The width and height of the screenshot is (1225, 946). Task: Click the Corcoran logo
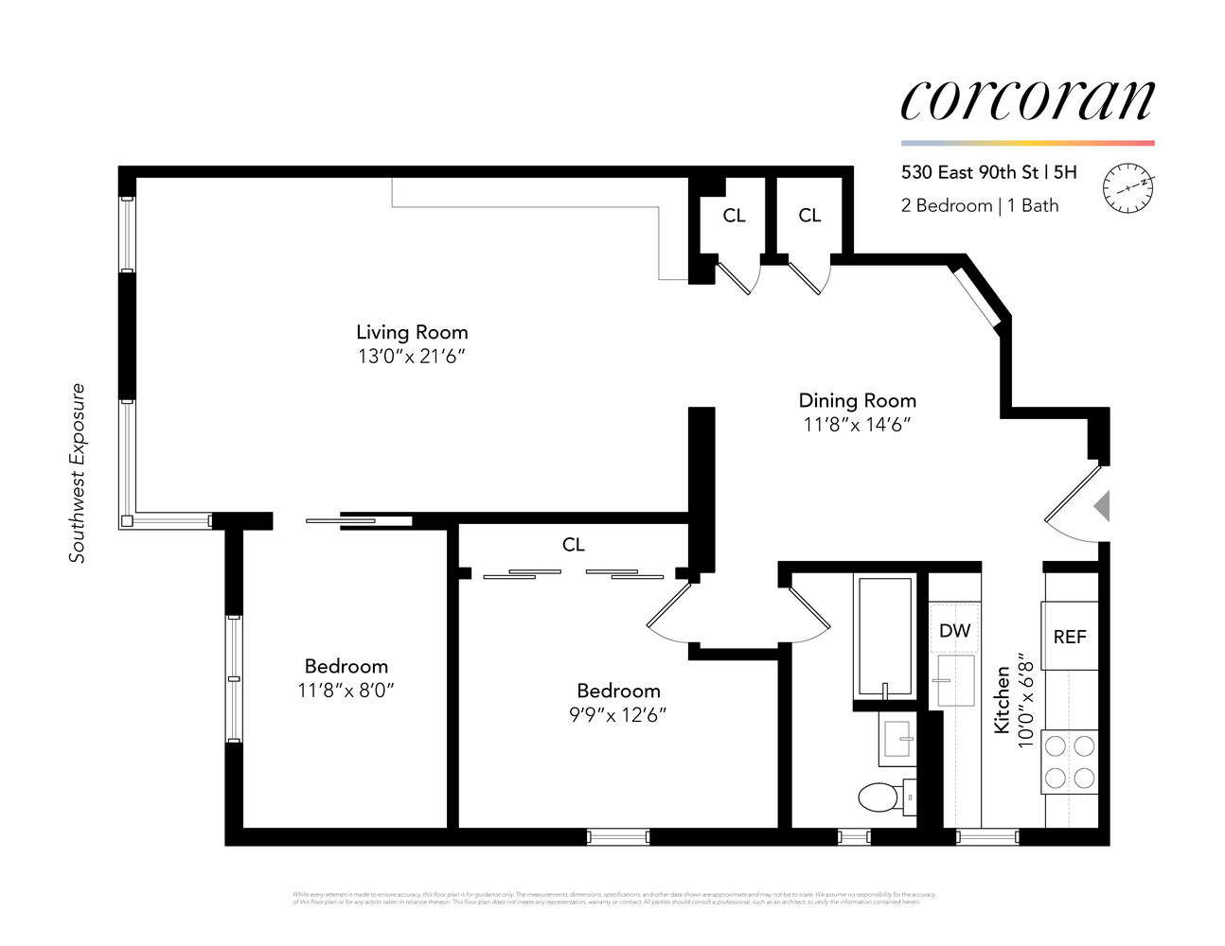(x=1027, y=99)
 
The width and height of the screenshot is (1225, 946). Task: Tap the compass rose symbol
(x=1129, y=186)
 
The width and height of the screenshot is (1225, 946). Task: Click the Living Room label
(x=412, y=332)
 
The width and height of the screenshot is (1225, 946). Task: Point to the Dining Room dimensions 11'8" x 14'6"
(x=857, y=425)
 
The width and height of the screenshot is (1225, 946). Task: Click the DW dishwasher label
(x=954, y=630)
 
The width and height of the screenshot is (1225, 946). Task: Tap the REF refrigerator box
(x=1070, y=637)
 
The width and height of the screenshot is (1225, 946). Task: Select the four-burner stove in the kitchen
(x=1069, y=762)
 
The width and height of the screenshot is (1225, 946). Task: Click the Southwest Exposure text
(x=78, y=472)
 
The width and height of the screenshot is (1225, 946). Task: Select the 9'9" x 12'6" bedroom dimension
(x=618, y=714)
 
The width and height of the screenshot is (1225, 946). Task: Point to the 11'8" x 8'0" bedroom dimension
(x=346, y=691)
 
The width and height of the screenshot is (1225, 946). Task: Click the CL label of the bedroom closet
(x=573, y=545)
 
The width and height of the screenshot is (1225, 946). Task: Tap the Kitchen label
(x=1002, y=700)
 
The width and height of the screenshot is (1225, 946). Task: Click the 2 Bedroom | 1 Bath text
(x=980, y=205)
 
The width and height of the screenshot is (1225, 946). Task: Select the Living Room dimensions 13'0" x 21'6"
(x=412, y=357)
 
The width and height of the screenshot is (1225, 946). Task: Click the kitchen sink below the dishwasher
(x=955, y=681)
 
